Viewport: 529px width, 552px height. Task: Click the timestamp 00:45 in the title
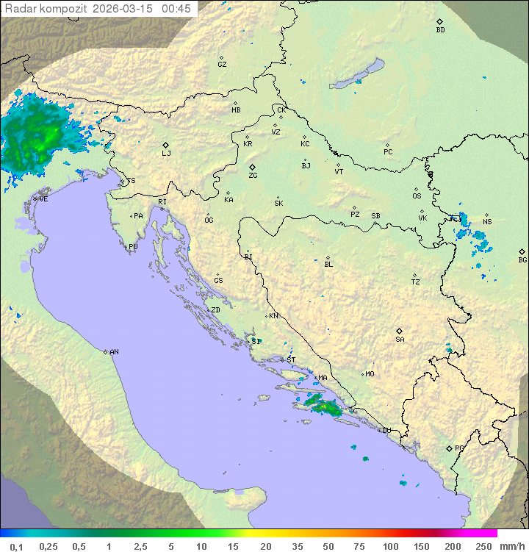click(176, 9)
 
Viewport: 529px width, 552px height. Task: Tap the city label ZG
click(253, 176)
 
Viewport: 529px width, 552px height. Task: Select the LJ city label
click(166, 153)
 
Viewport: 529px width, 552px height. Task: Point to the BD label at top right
click(440, 30)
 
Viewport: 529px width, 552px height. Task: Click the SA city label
click(400, 339)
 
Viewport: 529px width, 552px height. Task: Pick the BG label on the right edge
click(522, 259)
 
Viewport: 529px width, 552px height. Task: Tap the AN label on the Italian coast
click(114, 352)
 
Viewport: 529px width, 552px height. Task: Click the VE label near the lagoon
click(43, 198)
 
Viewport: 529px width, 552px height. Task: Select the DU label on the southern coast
click(386, 431)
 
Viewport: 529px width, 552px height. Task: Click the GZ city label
click(222, 64)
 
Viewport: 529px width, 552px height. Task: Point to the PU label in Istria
click(133, 247)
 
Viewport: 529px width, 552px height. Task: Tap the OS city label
click(417, 196)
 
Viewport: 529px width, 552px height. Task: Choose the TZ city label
click(416, 282)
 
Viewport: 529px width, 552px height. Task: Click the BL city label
click(328, 264)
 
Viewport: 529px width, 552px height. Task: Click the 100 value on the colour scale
click(390, 546)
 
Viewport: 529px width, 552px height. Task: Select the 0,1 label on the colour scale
click(16, 546)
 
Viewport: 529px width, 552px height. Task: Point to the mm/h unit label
click(509, 546)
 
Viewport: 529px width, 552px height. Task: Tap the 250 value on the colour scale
click(483, 546)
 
